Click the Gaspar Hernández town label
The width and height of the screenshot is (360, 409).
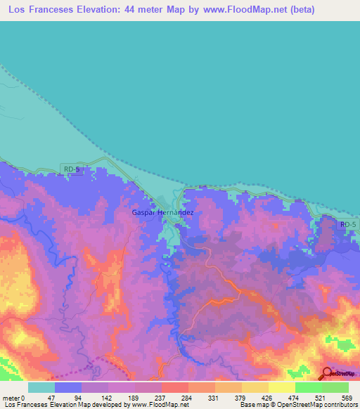coord(162,212)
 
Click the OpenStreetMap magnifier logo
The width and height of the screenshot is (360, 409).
coord(327,374)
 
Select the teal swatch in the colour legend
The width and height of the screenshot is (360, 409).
coord(41,387)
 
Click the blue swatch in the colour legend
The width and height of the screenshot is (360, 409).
coord(68,387)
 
